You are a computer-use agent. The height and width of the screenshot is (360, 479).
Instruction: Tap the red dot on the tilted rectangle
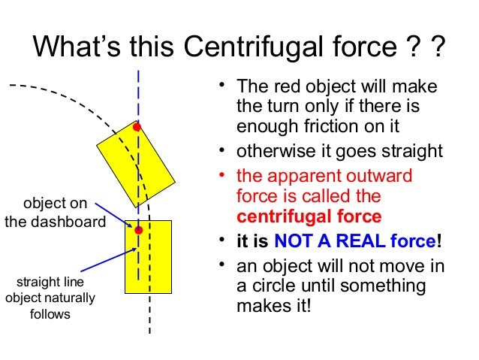click(137, 127)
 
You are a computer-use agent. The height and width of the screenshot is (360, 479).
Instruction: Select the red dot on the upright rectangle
click(138, 230)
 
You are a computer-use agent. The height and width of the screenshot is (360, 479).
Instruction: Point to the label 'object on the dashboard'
click(55, 213)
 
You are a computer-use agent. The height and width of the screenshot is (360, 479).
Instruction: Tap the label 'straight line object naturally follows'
click(50, 298)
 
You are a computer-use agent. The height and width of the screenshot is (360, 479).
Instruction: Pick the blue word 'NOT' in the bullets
click(294, 242)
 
